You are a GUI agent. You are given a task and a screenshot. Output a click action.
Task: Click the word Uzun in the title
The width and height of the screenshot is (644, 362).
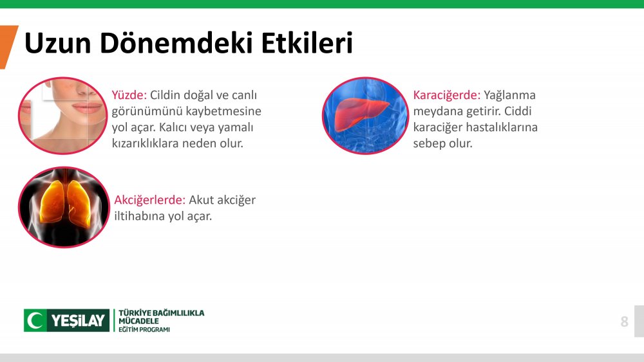click(57, 43)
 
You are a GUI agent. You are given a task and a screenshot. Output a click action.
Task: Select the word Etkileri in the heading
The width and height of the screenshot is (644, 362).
click(307, 42)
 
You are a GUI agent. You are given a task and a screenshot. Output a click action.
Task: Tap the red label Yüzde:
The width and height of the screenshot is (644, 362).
click(129, 95)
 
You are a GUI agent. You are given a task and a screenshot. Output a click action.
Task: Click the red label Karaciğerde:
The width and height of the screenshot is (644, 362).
click(446, 96)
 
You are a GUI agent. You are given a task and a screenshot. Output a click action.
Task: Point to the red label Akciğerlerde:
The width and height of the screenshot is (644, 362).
click(150, 201)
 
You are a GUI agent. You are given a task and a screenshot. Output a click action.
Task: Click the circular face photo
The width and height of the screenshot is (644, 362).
click(63, 116)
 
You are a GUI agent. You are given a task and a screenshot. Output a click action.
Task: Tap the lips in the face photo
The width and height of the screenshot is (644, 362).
click(87, 108)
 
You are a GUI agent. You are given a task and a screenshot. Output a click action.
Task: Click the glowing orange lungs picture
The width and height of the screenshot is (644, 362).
click(64, 207)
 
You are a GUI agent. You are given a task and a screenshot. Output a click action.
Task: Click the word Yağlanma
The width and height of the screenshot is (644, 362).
click(509, 96)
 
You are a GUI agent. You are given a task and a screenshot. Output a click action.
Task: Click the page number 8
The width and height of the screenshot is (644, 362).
click(624, 321)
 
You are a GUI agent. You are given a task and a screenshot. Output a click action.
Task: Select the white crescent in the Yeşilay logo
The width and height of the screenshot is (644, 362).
click(35, 320)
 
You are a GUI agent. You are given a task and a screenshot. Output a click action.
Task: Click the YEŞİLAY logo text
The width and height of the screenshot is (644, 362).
click(78, 320)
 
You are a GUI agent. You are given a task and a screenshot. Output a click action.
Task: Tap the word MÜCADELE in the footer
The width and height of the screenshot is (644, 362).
click(138, 321)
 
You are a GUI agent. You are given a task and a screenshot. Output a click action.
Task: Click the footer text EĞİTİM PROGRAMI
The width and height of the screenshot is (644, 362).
click(144, 330)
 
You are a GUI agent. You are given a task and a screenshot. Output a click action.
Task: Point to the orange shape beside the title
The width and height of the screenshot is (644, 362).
click(8, 47)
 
